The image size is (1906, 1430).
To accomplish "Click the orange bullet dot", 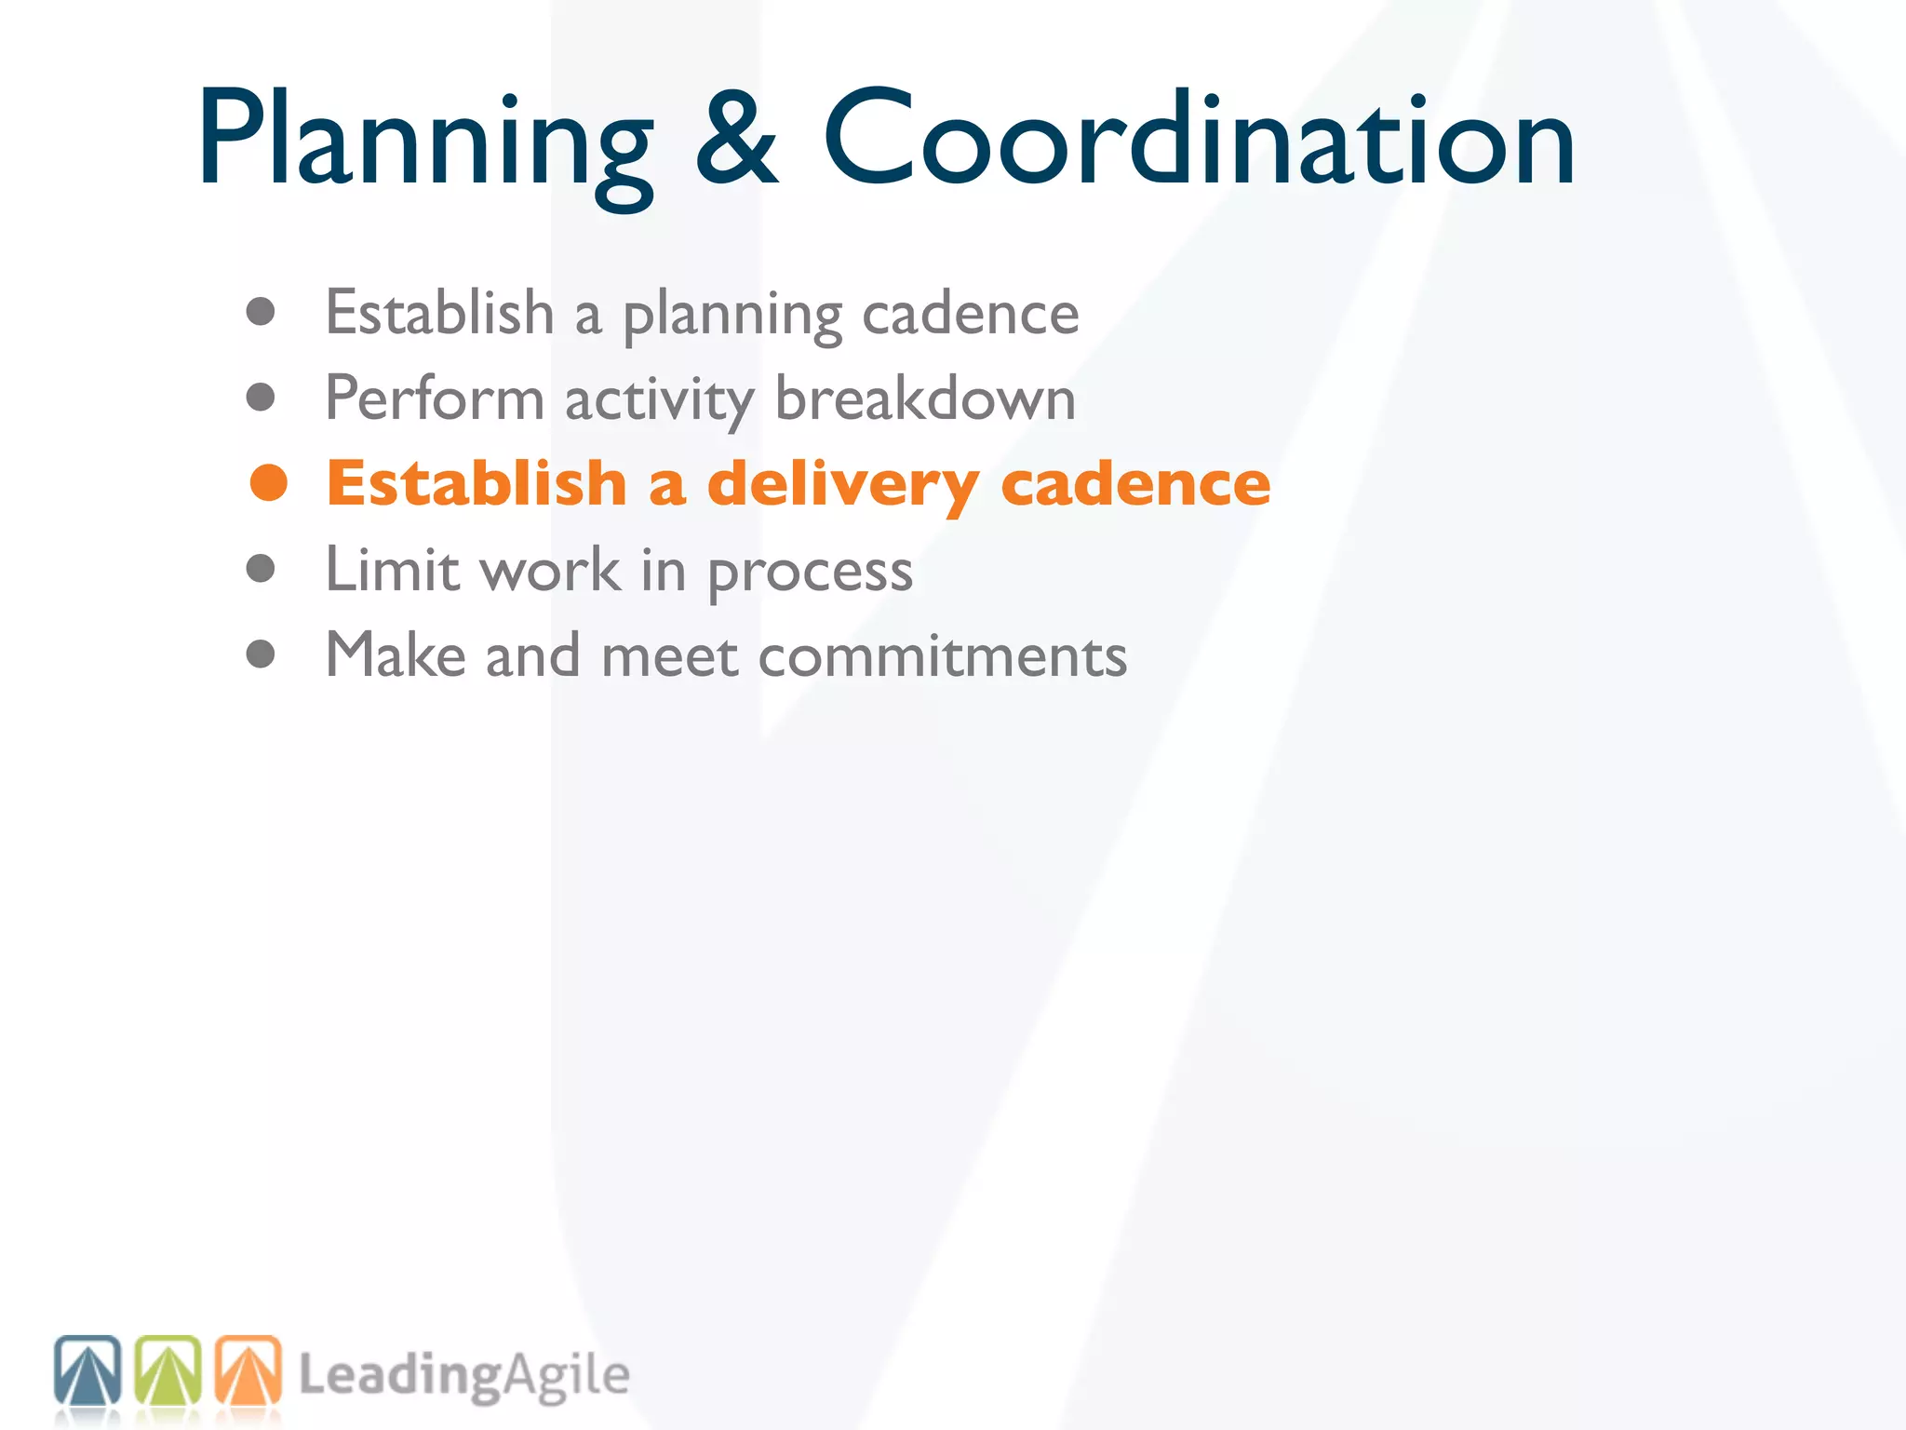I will tap(269, 483).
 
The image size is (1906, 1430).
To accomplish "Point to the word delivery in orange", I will tap(842, 485).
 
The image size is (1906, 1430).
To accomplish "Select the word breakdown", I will tap(925, 398).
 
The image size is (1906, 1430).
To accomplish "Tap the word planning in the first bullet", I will tap(732, 315).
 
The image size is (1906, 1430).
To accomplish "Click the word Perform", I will tap(434, 398).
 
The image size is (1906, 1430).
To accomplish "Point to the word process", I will tap(811, 573).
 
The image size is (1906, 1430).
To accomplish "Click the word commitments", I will tap(942, 655).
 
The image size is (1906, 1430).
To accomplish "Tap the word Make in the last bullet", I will tap(395, 654).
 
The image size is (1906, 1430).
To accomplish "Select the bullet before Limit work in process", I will tap(261, 569).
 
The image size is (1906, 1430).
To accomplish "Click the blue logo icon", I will tap(87, 1371).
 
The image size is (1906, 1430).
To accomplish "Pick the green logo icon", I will tap(168, 1371).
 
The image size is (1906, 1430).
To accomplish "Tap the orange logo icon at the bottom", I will tap(248, 1371).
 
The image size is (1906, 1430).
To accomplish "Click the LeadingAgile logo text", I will tap(464, 1376).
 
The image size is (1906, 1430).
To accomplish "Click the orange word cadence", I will tap(1134, 484).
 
